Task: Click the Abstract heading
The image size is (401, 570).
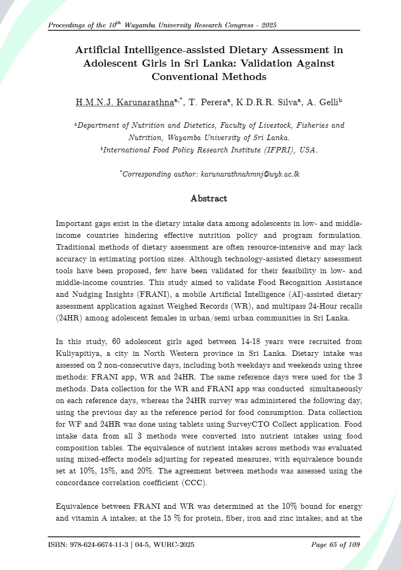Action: [209, 199]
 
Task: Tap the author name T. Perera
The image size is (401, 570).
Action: [203, 102]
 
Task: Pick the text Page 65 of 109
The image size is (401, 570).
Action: [335, 545]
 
